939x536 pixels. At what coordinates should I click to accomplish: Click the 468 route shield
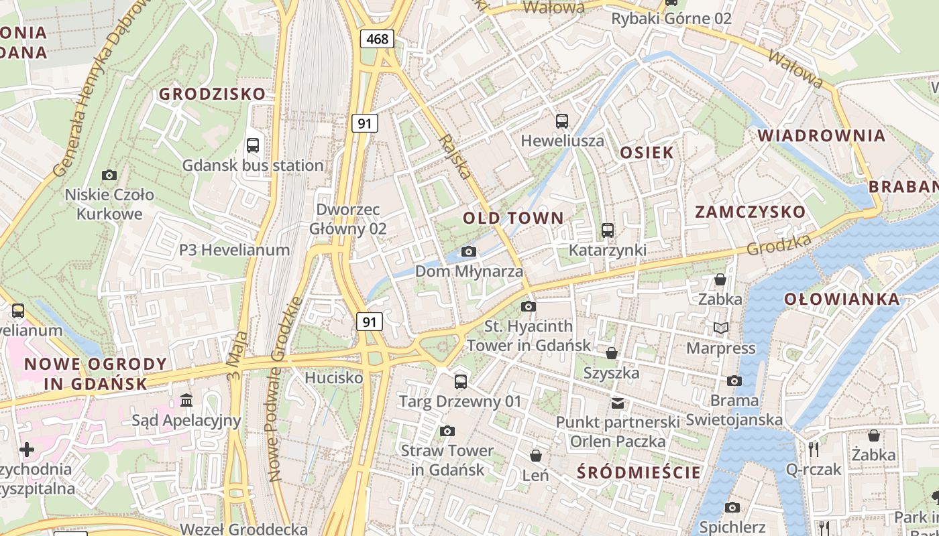click(377, 39)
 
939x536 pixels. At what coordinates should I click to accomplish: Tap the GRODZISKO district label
click(212, 94)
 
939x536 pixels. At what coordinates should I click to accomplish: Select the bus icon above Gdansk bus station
click(253, 145)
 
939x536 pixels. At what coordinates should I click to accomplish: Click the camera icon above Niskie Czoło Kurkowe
click(109, 175)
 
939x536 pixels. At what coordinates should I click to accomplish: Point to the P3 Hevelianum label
click(234, 250)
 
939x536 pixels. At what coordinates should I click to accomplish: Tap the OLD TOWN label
click(513, 218)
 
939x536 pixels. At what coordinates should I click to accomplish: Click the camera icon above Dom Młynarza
click(469, 252)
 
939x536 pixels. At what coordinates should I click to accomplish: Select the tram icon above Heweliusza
click(562, 121)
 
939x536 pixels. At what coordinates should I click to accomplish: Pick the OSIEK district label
click(647, 152)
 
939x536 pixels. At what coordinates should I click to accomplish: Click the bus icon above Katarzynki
click(608, 230)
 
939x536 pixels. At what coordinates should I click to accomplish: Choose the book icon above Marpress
click(721, 328)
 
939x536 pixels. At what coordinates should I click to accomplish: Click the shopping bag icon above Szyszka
click(611, 352)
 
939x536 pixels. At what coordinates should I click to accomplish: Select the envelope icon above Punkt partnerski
click(617, 403)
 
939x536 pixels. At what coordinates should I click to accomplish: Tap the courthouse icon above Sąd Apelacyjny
click(186, 401)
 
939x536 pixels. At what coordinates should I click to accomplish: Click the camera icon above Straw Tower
click(447, 431)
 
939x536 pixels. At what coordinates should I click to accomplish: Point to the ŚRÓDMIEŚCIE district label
click(639, 472)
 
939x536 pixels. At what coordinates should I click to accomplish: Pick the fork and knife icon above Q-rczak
click(814, 449)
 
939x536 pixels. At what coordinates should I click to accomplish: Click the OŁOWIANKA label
click(842, 299)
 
